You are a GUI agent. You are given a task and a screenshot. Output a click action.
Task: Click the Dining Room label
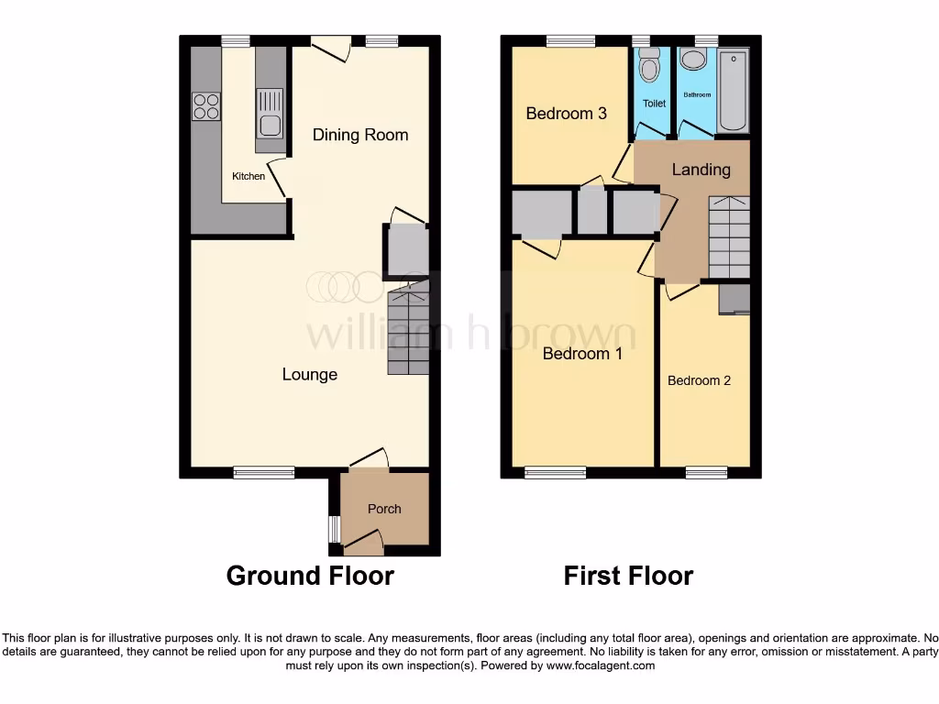(x=360, y=135)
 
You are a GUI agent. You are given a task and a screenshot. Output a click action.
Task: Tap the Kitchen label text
(x=249, y=176)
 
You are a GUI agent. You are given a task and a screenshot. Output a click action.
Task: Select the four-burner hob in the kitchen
(x=206, y=107)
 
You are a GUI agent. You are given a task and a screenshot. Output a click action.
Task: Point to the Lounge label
(x=309, y=374)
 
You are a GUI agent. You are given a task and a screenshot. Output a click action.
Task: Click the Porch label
(x=384, y=509)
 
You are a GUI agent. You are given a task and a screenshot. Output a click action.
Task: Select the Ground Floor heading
(x=310, y=576)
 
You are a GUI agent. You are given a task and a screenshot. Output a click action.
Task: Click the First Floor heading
(x=628, y=576)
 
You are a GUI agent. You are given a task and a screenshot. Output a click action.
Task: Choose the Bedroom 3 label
(x=566, y=114)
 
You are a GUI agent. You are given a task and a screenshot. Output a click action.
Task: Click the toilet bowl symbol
(x=650, y=68)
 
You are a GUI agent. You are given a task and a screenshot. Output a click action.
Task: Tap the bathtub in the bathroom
(x=733, y=92)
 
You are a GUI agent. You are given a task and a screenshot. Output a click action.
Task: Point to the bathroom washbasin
(x=694, y=61)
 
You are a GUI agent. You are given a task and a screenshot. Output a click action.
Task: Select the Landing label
(x=701, y=170)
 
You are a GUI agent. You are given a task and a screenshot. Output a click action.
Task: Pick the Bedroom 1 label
(x=582, y=353)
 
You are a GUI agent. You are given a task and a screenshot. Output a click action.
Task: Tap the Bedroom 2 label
(x=699, y=380)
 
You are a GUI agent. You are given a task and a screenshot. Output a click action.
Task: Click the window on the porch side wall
(x=335, y=529)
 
